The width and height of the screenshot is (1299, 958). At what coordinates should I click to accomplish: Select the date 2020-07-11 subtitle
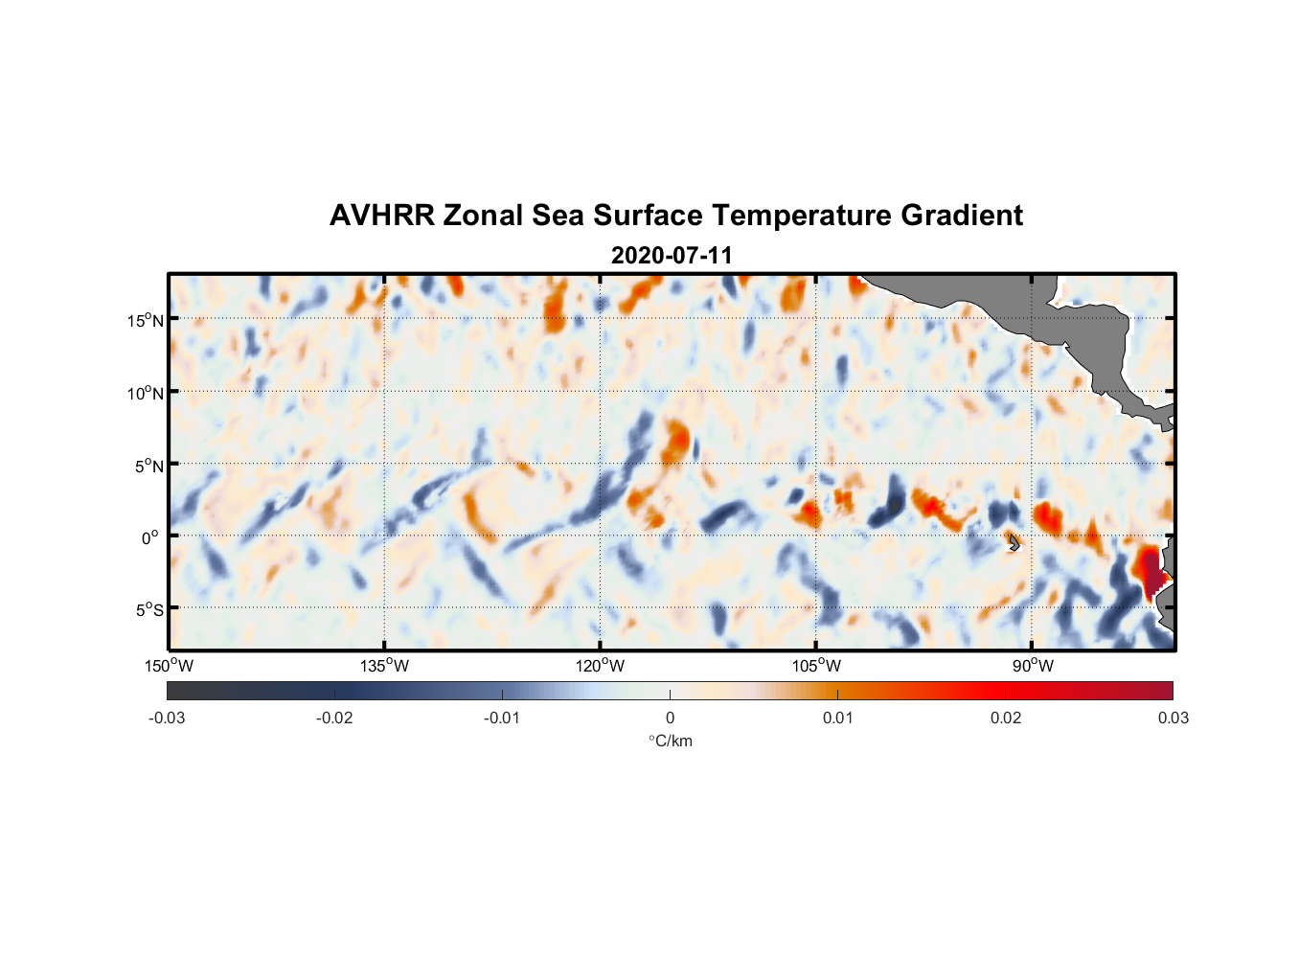[672, 256]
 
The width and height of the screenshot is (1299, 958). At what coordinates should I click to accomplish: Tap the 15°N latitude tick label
[145, 320]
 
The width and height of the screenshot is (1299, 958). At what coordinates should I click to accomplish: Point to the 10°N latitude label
[145, 393]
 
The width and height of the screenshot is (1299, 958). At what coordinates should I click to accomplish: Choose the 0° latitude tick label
[150, 537]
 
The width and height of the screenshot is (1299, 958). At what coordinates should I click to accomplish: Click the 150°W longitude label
[169, 666]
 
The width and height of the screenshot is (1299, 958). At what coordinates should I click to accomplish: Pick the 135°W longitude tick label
[384, 666]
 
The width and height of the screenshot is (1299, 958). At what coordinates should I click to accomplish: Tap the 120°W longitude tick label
[600, 666]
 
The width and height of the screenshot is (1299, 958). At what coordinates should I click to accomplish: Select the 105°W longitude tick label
[816, 666]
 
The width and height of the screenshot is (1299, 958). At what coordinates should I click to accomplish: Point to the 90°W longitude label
[1033, 666]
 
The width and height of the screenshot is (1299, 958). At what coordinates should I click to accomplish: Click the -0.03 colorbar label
[167, 718]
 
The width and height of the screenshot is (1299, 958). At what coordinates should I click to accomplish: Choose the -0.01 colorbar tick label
[502, 718]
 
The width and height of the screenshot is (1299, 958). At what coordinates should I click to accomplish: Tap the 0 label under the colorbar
[670, 718]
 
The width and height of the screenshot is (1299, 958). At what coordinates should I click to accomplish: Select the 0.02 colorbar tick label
[1006, 718]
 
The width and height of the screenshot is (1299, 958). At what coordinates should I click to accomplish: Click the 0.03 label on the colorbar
[1173, 718]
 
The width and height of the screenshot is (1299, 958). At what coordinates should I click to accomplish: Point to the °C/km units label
[670, 741]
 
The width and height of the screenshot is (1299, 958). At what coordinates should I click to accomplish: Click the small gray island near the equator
[1014, 542]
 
